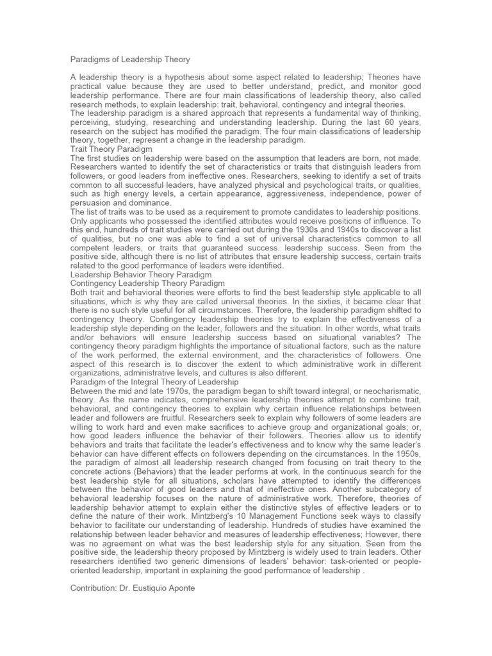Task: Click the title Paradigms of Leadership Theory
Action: coord(130,60)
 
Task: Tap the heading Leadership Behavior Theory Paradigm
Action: coord(140,274)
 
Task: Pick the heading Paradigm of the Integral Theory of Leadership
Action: coord(154,382)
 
